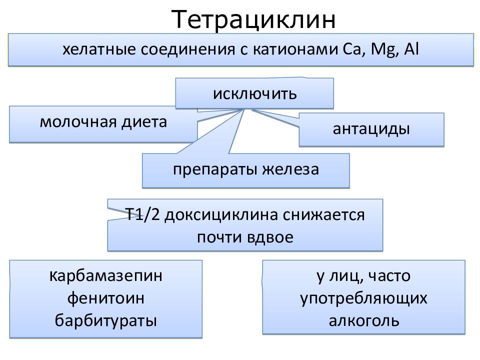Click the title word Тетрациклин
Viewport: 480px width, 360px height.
[x=253, y=19]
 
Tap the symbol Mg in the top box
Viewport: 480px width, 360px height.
[x=384, y=49]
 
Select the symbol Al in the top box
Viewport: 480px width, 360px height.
[x=411, y=49]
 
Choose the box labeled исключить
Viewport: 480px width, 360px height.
[x=254, y=93]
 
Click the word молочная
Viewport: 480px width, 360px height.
[x=78, y=122]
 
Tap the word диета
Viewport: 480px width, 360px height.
[x=144, y=121]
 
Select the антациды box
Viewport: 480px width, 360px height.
[x=371, y=129]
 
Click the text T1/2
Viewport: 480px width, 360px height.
[x=142, y=214]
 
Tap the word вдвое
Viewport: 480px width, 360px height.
[x=269, y=237]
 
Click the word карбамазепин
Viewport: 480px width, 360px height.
[x=105, y=276]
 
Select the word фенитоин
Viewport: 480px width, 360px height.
[x=106, y=298]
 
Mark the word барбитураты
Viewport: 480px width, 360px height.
[x=106, y=321]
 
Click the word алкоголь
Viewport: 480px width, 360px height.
[x=364, y=321]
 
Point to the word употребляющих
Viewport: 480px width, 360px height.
[x=363, y=298]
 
